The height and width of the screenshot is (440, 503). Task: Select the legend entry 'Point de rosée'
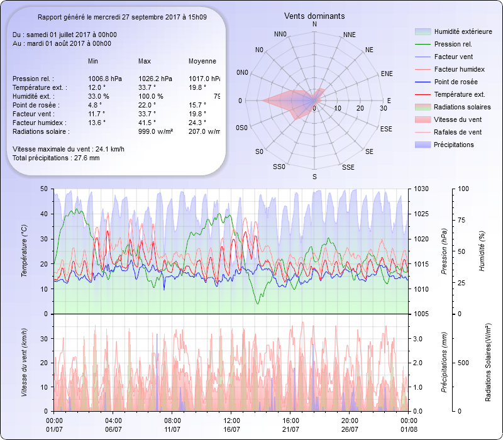coord(455,82)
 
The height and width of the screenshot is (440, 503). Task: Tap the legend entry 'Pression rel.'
coord(453,45)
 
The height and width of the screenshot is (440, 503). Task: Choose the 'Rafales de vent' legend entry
coord(458,133)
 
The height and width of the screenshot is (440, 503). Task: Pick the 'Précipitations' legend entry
coord(454,145)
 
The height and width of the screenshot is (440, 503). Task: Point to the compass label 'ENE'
coord(387,74)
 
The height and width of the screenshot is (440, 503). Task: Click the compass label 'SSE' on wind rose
coord(348,167)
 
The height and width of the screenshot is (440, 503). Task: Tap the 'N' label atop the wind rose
coord(314,24)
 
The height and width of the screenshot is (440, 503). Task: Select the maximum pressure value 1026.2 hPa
coord(153,79)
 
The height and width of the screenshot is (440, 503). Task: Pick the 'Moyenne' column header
coord(202,62)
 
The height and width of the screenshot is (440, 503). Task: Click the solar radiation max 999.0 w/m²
coord(155,131)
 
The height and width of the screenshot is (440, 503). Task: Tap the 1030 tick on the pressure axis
coord(422,189)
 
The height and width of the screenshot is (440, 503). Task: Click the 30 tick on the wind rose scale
coord(383,109)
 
